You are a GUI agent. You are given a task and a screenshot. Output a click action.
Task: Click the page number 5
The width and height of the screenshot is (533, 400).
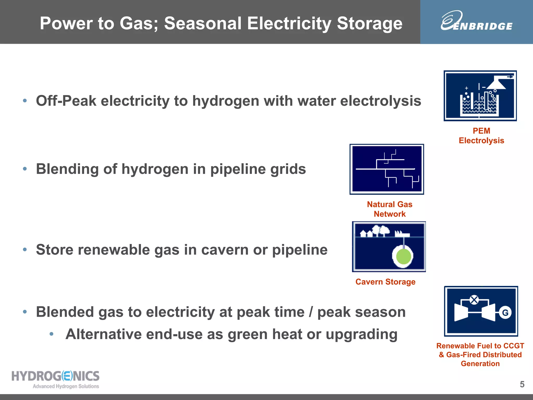(522, 384)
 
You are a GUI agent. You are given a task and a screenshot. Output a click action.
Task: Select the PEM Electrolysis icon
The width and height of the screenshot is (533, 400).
(480, 96)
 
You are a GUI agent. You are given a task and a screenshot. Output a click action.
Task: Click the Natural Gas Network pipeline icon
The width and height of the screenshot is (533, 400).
(387, 169)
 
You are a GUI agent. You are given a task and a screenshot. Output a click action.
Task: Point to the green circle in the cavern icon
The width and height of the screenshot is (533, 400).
(403, 257)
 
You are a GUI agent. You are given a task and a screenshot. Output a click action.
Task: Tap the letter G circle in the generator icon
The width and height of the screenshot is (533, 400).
(505, 312)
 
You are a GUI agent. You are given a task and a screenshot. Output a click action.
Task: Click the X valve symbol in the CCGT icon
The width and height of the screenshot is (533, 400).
(474, 300)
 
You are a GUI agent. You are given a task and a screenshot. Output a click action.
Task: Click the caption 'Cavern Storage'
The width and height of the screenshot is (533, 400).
(385, 282)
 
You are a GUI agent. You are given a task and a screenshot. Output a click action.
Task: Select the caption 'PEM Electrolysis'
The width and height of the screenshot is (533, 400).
(481, 136)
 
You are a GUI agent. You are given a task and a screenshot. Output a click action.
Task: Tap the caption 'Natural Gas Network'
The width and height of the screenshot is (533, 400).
(390, 209)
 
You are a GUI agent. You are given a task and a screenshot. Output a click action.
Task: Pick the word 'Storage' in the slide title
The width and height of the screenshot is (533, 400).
(370, 23)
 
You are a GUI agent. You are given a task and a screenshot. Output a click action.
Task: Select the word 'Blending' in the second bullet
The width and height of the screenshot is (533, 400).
(67, 169)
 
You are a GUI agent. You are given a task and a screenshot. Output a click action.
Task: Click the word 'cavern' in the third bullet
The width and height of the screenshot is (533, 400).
(225, 250)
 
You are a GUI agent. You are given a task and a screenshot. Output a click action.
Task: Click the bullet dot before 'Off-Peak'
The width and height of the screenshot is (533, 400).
(25, 101)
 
